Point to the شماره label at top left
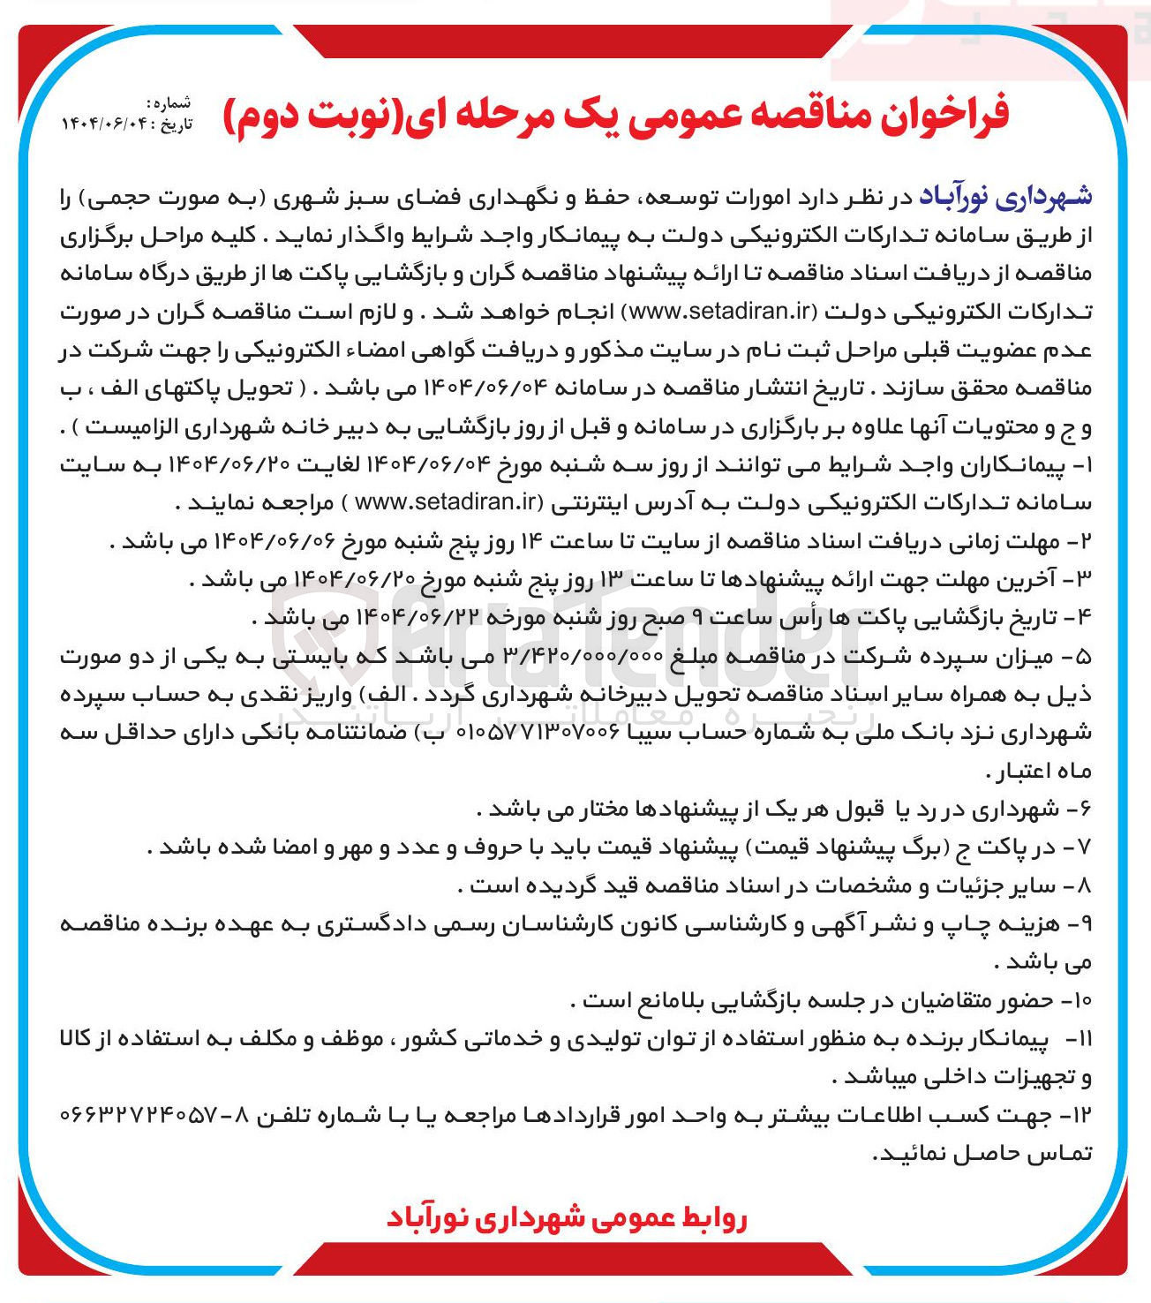tap(172, 103)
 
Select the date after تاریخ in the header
tap(102, 124)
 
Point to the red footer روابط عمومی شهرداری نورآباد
tap(567, 1218)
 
